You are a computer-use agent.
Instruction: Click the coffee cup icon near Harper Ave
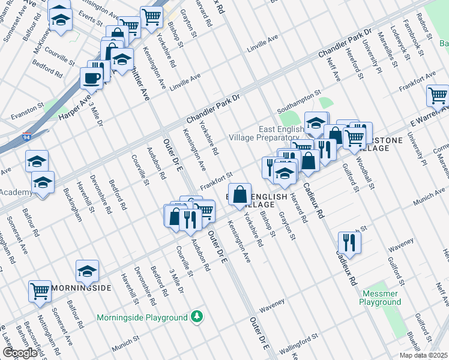pyautogui.click(x=92, y=77)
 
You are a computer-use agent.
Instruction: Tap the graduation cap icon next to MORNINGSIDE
pyautogui.click(x=88, y=271)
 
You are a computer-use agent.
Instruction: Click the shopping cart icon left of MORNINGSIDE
pyautogui.click(x=40, y=291)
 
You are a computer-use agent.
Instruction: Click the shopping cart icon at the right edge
pyautogui.click(x=438, y=95)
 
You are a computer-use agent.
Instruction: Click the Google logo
pyautogui.click(x=20, y=353)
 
